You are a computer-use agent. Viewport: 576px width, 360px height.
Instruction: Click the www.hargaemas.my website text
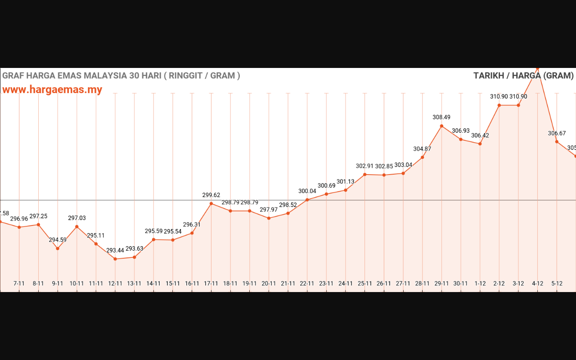(x=52, y=90)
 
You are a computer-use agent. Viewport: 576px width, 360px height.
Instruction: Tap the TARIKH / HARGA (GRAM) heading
(x=523, y=76)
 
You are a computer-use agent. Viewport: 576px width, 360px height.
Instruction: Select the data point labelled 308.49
(x=441, y=126)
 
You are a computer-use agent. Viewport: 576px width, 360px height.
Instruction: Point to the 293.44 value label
(x=115, y=250)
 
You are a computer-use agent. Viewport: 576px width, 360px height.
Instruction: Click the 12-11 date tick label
(x=115, y=283)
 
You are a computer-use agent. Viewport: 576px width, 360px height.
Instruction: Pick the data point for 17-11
(x=211, y=203)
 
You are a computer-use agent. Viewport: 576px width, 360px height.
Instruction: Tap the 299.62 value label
(x=211, y=195)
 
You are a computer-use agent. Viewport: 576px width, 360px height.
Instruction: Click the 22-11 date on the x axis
(x=307, y=283)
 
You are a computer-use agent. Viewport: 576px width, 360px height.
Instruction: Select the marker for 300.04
(x=307, y=200)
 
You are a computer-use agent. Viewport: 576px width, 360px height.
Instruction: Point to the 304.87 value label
(x=422, y=149)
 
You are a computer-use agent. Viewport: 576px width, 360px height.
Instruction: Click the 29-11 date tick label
(x=441, y=283)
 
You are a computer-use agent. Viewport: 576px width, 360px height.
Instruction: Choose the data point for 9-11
(x=58, y=248)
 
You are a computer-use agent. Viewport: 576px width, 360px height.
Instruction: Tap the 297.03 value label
(x=77, y=218)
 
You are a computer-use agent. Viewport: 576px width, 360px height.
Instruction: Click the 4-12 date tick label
(x=537, y=283)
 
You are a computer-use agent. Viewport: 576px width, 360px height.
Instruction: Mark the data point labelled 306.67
(x=557, y=142)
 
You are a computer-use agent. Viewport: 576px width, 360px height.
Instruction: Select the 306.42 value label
(x=480, y=135)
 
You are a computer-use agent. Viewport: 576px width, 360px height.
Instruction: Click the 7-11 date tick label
(x=19, y=283)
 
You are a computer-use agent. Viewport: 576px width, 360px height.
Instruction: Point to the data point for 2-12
(x=499, y=105)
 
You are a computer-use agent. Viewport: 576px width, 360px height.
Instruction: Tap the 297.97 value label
(x=269, y=209)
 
